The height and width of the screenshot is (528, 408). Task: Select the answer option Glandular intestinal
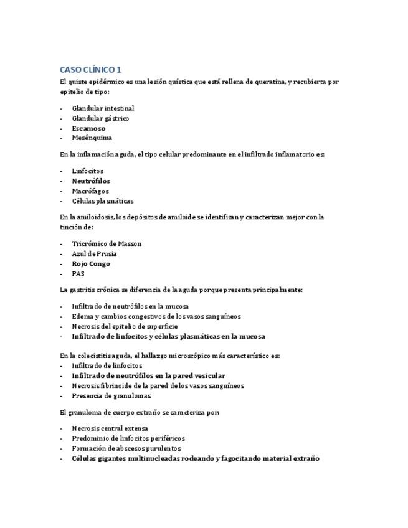103,108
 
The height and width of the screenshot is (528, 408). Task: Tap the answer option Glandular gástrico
100,118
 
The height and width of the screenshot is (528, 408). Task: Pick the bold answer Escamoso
88,128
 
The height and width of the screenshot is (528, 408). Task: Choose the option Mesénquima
92,138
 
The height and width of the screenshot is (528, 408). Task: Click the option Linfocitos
88,171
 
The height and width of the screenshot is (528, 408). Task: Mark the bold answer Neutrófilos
91,181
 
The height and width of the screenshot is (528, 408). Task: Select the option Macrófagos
90,191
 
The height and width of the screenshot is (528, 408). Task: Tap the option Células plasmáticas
102,201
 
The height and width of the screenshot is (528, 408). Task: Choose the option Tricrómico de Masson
107,244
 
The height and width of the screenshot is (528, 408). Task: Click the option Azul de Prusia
94,254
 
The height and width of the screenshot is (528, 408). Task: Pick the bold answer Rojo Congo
91,264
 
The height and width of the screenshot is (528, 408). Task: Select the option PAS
78,274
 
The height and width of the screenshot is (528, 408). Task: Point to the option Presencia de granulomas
111,395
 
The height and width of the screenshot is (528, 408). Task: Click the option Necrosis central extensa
110,428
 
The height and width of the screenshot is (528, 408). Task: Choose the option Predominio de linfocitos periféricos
128,438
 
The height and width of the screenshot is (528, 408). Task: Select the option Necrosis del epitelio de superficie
125,326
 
